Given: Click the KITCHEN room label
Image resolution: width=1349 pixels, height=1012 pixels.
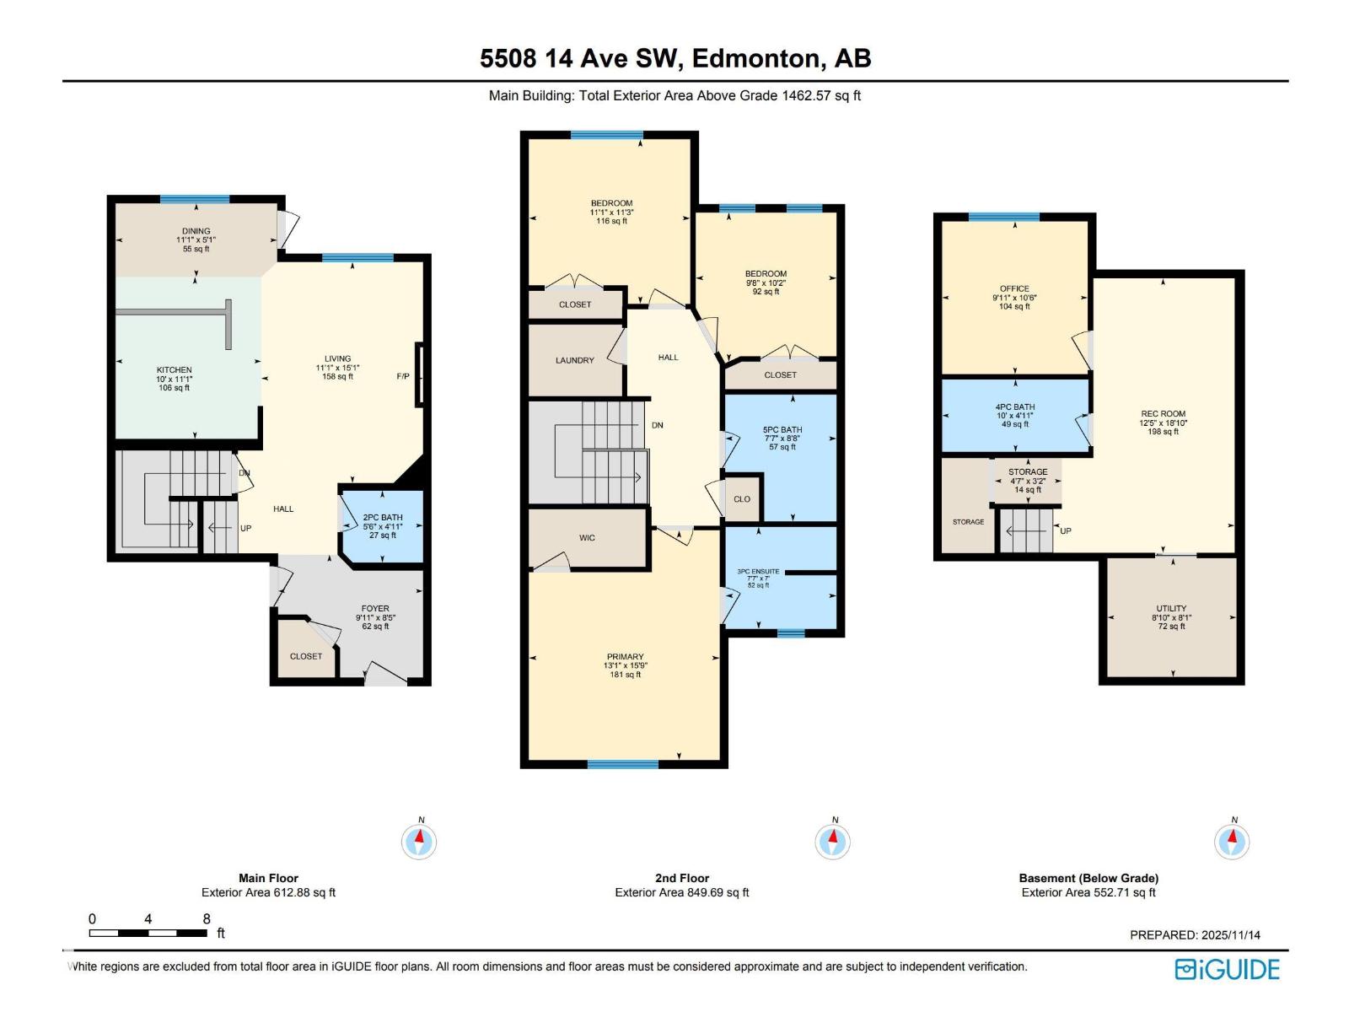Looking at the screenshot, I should pos(174,370).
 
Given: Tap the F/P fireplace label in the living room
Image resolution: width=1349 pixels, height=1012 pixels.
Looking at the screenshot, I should pos(403,376).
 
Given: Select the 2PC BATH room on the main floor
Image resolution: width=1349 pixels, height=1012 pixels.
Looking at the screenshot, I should pos(383,525).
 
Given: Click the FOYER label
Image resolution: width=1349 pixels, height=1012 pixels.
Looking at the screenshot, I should pos(375,608).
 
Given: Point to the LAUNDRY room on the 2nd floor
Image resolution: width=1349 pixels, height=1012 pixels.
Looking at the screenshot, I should pos(575,360).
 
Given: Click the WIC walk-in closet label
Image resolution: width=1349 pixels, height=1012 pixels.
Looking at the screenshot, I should pos(587,537).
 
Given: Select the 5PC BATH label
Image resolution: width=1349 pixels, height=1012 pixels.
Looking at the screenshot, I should pos(782,429).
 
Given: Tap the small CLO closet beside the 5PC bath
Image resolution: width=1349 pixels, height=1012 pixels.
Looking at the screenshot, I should pos(742,499).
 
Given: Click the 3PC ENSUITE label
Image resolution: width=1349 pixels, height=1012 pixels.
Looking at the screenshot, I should pos(758,572).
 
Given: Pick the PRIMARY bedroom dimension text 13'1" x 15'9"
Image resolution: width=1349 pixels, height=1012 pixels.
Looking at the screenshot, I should pos(625,665).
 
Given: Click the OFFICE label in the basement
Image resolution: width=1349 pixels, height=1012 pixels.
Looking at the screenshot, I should pos(1014,288).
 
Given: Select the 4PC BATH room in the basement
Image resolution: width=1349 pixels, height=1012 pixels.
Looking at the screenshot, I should pos(1014,415).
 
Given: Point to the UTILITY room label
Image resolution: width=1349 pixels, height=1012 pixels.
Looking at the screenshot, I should pos(1171,608).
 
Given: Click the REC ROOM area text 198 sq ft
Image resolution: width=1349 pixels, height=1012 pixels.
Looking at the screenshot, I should pos(1163,432).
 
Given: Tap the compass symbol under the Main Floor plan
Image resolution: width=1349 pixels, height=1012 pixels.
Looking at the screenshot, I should pos(419,840).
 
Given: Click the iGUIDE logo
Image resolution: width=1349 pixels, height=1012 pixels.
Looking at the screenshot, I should pos(1228,969).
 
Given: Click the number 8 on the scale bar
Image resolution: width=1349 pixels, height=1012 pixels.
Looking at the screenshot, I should pos(207,919).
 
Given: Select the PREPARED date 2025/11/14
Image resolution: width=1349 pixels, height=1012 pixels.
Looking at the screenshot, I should pos(1231,934).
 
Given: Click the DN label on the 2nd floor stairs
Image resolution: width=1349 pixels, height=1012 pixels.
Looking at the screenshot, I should pos(657,425).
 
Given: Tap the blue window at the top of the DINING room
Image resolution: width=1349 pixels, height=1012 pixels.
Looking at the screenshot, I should pos(195,199).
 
